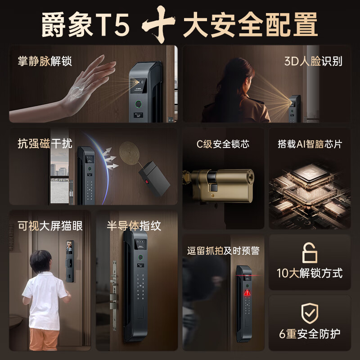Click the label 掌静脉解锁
45,61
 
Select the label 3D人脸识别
313,61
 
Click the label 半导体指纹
134,225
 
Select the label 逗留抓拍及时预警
223,251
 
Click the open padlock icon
310,253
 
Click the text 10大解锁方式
310,273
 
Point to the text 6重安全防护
310,333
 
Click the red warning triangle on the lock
247,292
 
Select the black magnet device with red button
153,177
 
